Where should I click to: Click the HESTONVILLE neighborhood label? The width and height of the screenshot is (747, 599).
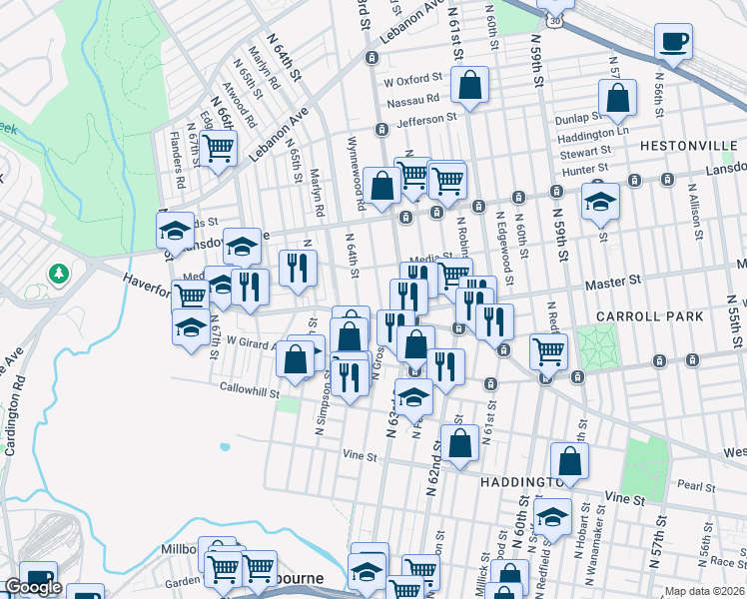[688, 145]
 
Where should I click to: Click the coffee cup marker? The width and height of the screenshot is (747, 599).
[673, 42]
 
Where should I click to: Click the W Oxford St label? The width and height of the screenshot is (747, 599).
[411, 79]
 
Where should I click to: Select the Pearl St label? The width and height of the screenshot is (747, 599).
[692, 485]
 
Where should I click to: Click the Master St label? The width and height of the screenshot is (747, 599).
[612, 284]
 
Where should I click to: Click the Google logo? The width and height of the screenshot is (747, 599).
[33, 587]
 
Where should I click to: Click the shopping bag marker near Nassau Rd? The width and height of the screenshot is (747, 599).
[469, 87]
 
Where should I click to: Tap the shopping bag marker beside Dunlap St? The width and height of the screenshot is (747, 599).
[618, 99]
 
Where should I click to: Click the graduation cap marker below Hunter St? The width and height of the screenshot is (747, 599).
[600, 201]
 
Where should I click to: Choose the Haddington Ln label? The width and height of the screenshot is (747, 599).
[593, 135]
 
